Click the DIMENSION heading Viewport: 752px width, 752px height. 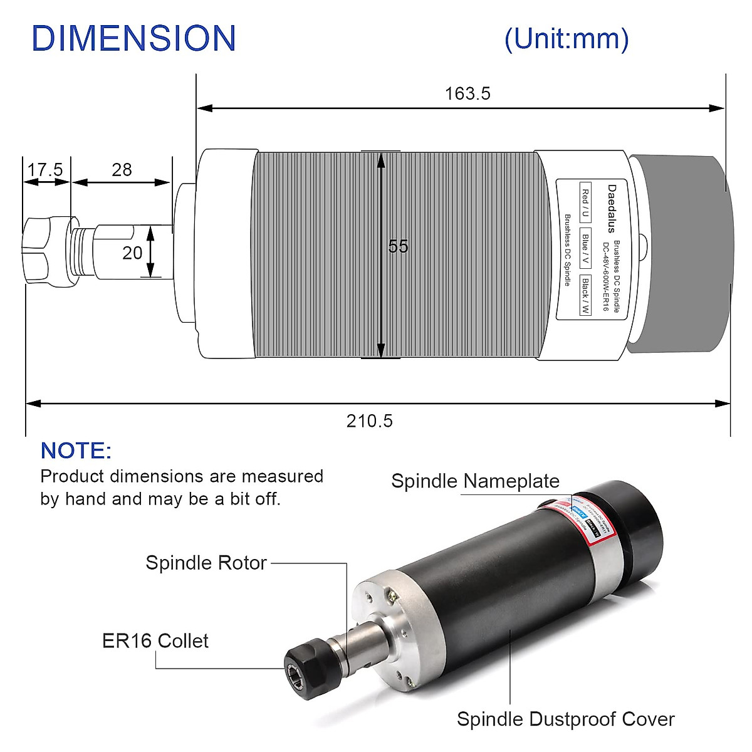(x=133, y=38)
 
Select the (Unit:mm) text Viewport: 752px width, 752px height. (x=566, y=39)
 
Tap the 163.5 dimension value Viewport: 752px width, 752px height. (x=467, y=93)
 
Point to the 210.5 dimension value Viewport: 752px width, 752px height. (x=370, y=420)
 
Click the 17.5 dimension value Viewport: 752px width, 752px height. (x=45, y=170)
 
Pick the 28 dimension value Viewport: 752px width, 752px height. (x=122, y=170)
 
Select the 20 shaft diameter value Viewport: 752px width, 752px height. (x=132, y=253)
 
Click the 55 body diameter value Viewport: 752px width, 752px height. (x=398, y=246)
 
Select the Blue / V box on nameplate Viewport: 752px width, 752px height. (x=585, y=249)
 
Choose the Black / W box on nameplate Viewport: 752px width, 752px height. (x=585, y=295)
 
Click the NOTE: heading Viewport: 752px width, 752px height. (x=76, y=451)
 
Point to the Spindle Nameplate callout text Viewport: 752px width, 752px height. (x=475, y=481)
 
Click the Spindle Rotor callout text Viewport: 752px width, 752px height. (x=206, y=563)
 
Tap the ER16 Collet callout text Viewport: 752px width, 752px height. (x=155, y=640)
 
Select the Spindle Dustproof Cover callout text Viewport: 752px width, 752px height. (x=565, y=719)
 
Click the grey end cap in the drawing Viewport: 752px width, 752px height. (x=680, y=254)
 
